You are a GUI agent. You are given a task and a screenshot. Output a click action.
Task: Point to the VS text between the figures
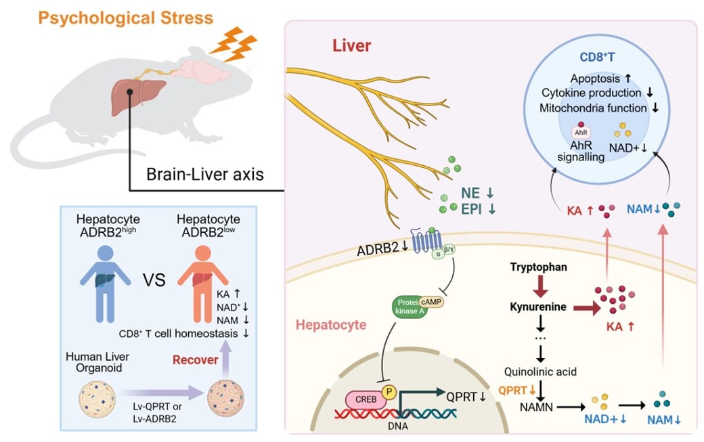(154, 279)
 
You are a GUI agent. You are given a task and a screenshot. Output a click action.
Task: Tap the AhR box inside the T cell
(580, 132)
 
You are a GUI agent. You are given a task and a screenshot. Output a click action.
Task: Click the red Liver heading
(352, 47)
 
